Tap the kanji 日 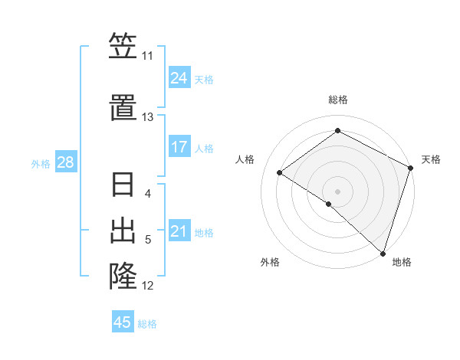123,186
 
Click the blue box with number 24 179,78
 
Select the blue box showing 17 179,147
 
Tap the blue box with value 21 179,231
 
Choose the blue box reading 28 64,162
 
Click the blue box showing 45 123,322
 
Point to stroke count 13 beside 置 147,117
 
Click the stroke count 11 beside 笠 147,56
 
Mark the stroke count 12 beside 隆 148,286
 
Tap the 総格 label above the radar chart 337,100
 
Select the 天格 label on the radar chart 431,159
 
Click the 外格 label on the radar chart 270,263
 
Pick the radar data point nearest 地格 383,252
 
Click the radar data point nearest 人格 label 280,172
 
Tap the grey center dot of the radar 337,191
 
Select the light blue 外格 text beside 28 40,163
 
